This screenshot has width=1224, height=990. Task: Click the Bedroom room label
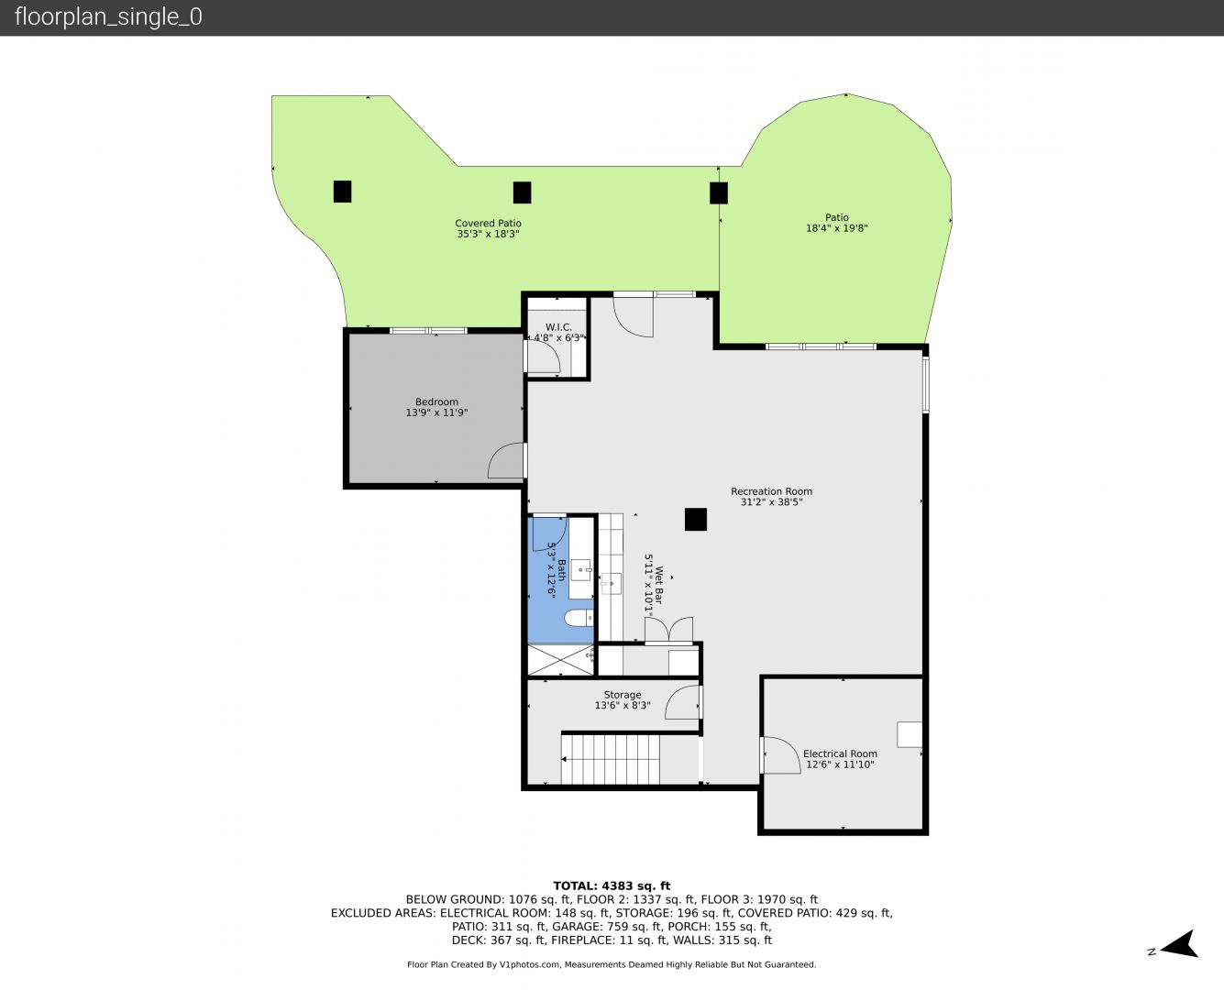click(x=436, y=401)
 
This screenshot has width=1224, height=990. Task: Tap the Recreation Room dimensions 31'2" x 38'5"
click(x=771, y=501)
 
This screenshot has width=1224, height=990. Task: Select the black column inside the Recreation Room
click(x=695, y=520)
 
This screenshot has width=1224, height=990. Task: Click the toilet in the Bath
click(x=579, y=618)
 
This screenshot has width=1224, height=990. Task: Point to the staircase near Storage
click(x=611, y=759)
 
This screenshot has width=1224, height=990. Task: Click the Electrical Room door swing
click(x=780, y=755)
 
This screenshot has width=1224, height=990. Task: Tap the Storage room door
click(x=683, y=702)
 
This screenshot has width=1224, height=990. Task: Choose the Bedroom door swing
click(x=507, y=460)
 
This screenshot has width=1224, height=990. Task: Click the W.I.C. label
click(x=558, y=327)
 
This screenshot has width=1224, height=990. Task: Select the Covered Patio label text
click(x=488, y=223)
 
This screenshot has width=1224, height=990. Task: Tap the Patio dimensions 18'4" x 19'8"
click(x=837, y=228)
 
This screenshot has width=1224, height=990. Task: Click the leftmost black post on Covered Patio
click(x=343, y=192)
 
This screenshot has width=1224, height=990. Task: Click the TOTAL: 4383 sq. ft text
click(x=612, y=886)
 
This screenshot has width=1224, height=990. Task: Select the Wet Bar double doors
click(x=669, y=631)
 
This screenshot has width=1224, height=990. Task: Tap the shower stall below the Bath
click(x=561, y=660)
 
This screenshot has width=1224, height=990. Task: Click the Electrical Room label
click(x=840, y=753)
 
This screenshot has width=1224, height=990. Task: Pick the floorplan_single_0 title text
click(x=108, y=16)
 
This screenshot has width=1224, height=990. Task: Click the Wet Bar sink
click(x=611, y=584)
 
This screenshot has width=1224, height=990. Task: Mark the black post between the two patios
click(x=719, y=193)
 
